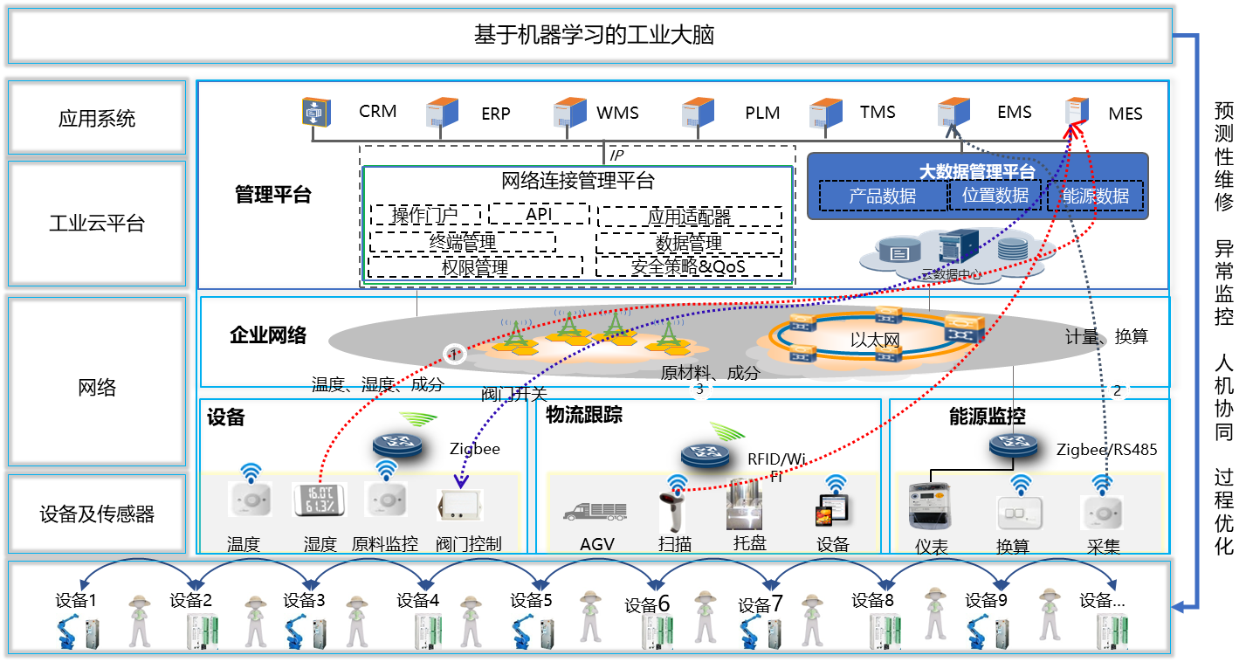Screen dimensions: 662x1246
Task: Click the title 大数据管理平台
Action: click(977, 171)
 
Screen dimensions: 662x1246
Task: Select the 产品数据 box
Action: click(883, 196)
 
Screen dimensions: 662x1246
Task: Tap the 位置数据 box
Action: click(995, 195)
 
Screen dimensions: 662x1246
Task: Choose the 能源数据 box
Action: click(1096, 196)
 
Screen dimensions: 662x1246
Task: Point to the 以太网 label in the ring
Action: click(875, 340)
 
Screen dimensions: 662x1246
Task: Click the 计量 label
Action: click(1082, 337)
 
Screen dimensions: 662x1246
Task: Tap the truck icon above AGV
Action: click(595, 512)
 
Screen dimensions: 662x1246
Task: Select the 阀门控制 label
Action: click(469, 544)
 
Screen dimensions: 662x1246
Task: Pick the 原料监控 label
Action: click(385, 544)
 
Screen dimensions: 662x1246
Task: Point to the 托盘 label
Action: click(750, 542)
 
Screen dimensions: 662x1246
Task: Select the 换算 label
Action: click(1013, 547)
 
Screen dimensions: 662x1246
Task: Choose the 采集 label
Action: click(1103, 547)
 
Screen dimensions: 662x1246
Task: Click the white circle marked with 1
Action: click(454, 354)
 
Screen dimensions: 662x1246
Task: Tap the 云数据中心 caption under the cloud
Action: click(951, 274)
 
